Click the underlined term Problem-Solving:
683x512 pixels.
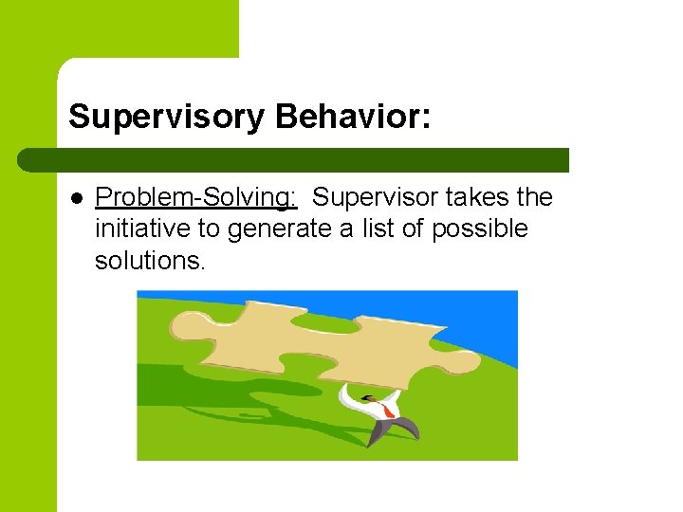click(196, 197)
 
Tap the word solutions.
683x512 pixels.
click(150, 260)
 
